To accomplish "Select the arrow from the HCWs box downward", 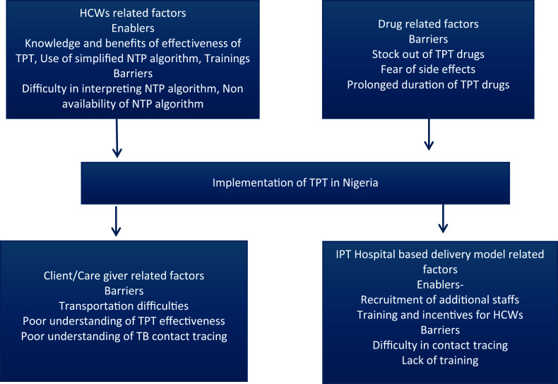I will click(x=117, y=137).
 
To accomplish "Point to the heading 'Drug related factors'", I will click(x=428, y=24).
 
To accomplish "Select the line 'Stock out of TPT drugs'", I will click(x=428, y=54).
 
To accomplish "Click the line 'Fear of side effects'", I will click(x=428, y=69).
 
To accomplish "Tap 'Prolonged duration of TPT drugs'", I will click(x=428, y=85).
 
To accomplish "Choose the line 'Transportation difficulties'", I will click(x=123, y=306).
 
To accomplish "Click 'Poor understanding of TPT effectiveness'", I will click(x=123, y=321).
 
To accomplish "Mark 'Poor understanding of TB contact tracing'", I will click(x=123, y=336).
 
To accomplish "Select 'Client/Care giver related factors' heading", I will click(x=123, y=275).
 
